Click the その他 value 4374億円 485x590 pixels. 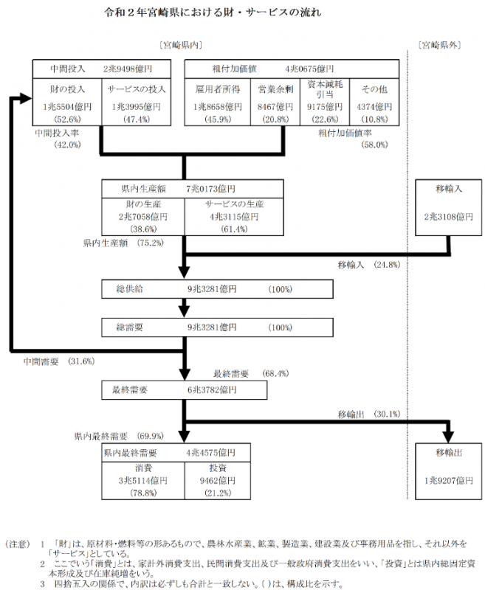pyautogui.click(x=374, y=106)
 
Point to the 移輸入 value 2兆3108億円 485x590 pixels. pyautogui.click(x=448, y=218)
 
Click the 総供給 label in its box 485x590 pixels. pyautogui.click(x=129, y=288)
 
